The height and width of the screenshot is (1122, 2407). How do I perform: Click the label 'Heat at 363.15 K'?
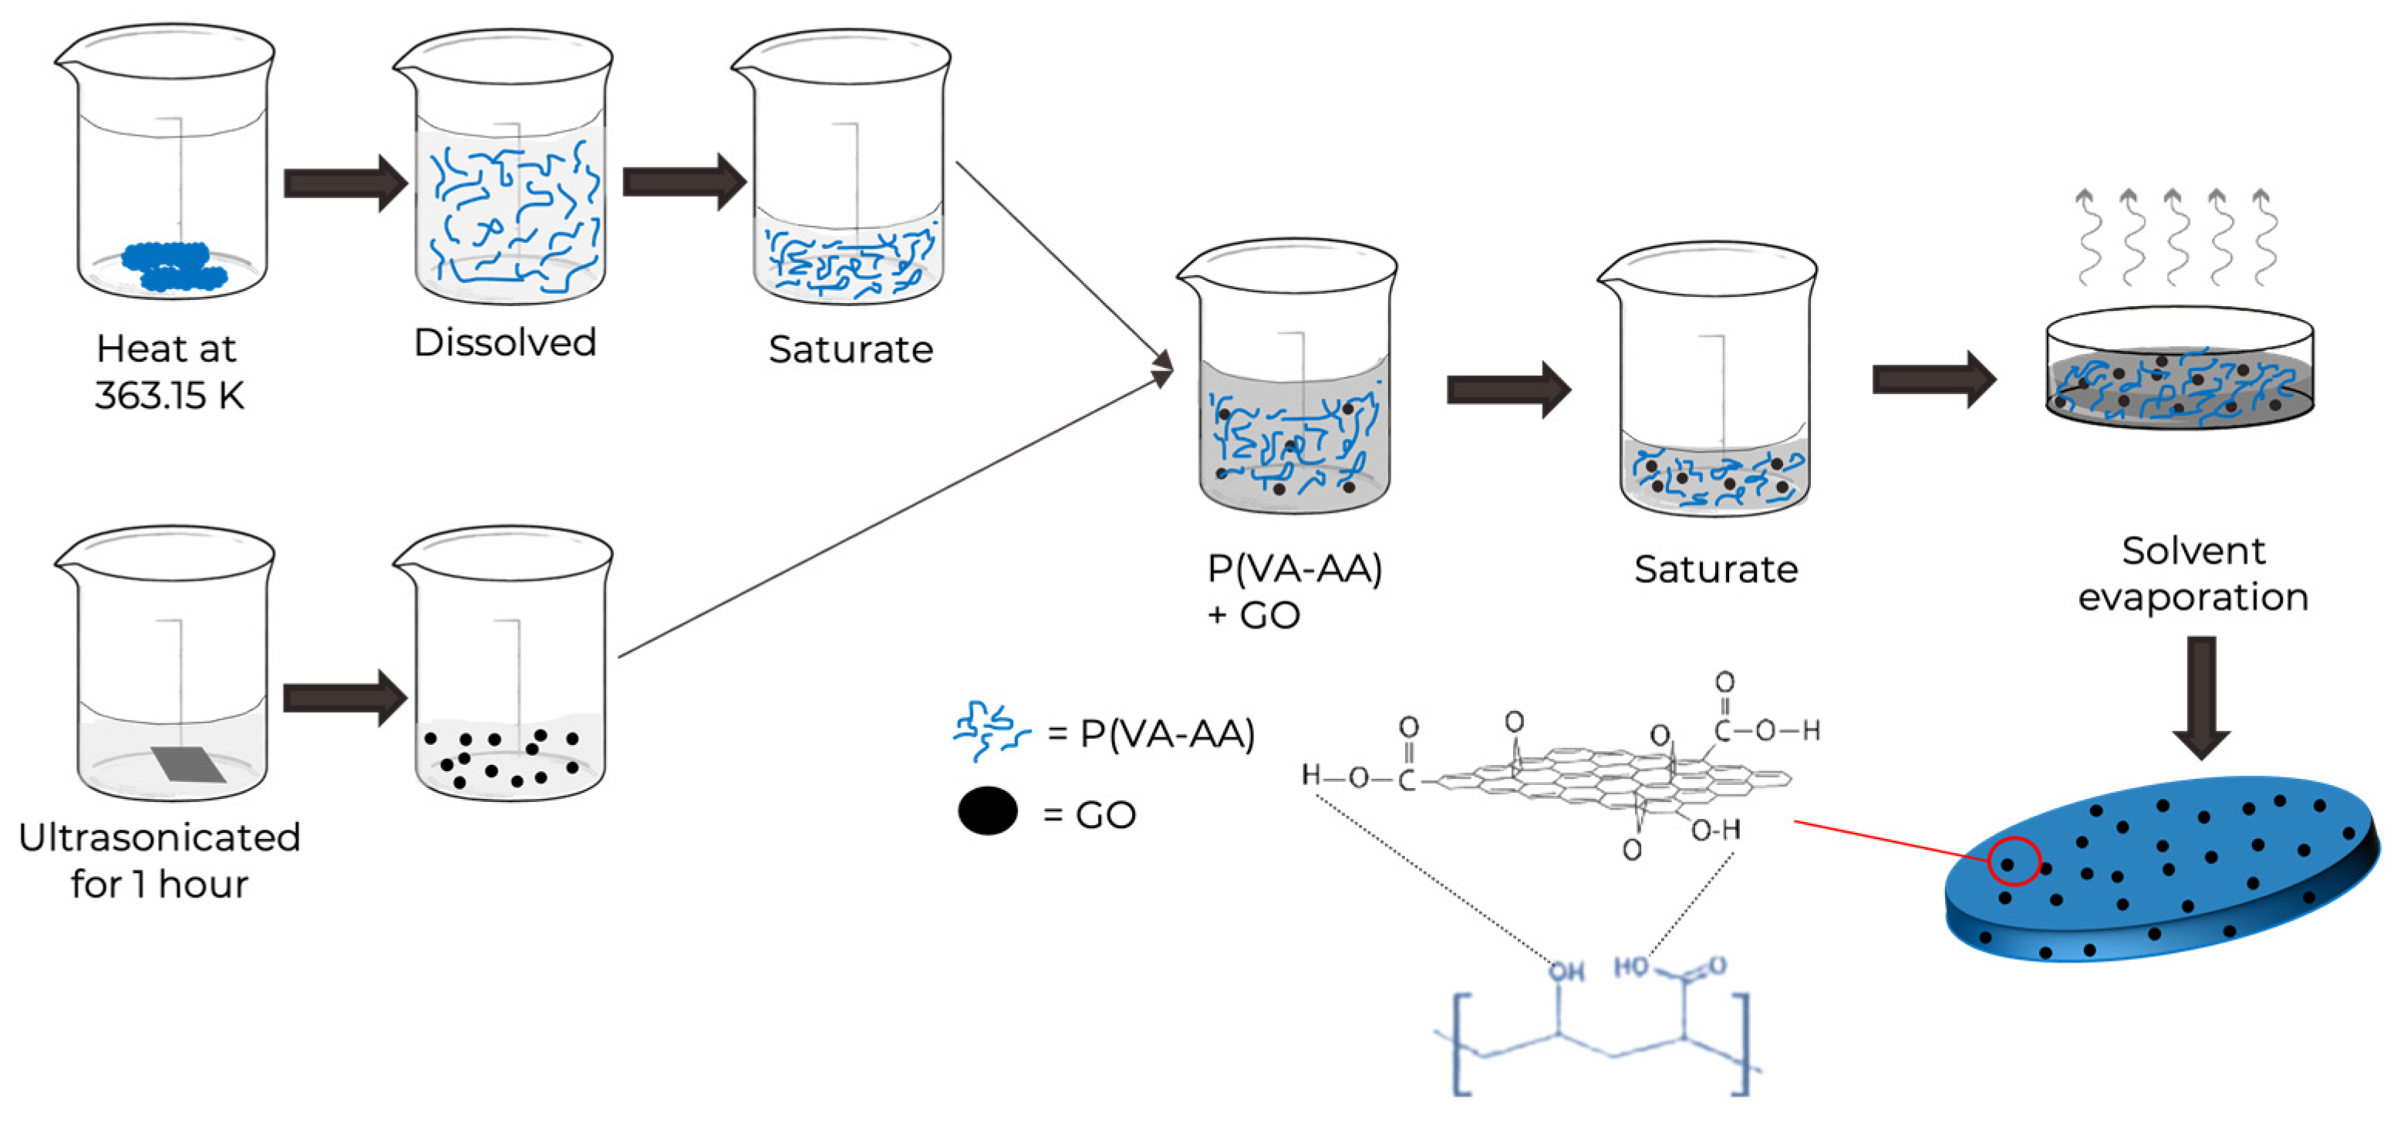(x=168, y=371)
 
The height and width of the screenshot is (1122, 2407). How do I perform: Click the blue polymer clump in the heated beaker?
(x=174, y=265)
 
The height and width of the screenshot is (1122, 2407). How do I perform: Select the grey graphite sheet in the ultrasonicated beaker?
(x=189, y=763)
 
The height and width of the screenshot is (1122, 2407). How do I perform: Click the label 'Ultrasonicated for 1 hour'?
(x=159, y=860)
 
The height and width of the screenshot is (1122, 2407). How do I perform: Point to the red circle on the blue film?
(x=2013, y=861)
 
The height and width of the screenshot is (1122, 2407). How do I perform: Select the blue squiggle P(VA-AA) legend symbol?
(x=989, y=729)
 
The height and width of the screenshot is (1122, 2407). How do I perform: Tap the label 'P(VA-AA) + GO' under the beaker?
(x=1293, y=591)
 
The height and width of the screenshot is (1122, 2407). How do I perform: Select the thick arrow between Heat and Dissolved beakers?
(x=345, y=183)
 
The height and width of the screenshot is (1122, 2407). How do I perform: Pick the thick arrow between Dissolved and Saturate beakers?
(x=683, y=181)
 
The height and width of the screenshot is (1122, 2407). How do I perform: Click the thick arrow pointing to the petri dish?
(x=1933, y=379)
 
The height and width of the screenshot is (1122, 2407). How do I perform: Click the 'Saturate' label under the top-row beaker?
(x=851, y=349)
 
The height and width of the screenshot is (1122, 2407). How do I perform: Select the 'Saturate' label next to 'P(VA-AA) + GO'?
(x=1715, y=568)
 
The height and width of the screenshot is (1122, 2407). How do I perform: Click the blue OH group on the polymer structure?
(x=1567, y=972)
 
